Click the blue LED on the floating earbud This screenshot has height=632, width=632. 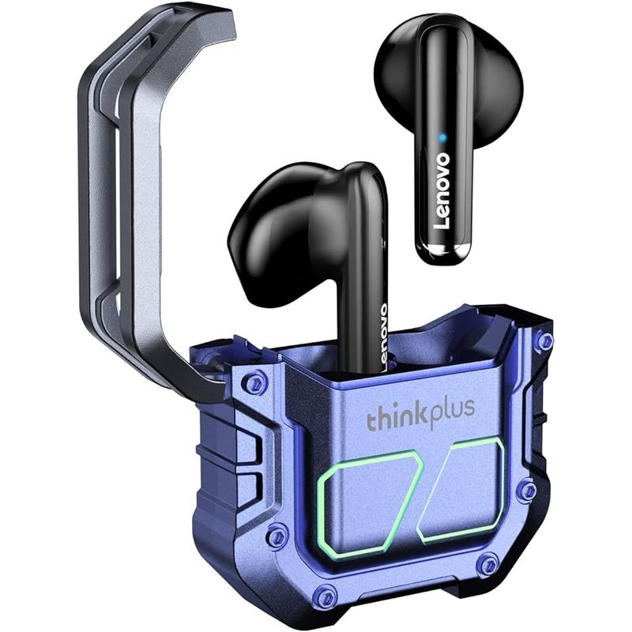[x=443, y=138]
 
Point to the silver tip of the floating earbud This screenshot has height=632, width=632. [x=444, y=253]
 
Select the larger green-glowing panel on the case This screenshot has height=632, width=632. [x=365, y=502]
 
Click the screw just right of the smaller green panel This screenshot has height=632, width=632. [x=525, y=491]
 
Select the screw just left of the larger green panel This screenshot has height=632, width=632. [x=276, y=537]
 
